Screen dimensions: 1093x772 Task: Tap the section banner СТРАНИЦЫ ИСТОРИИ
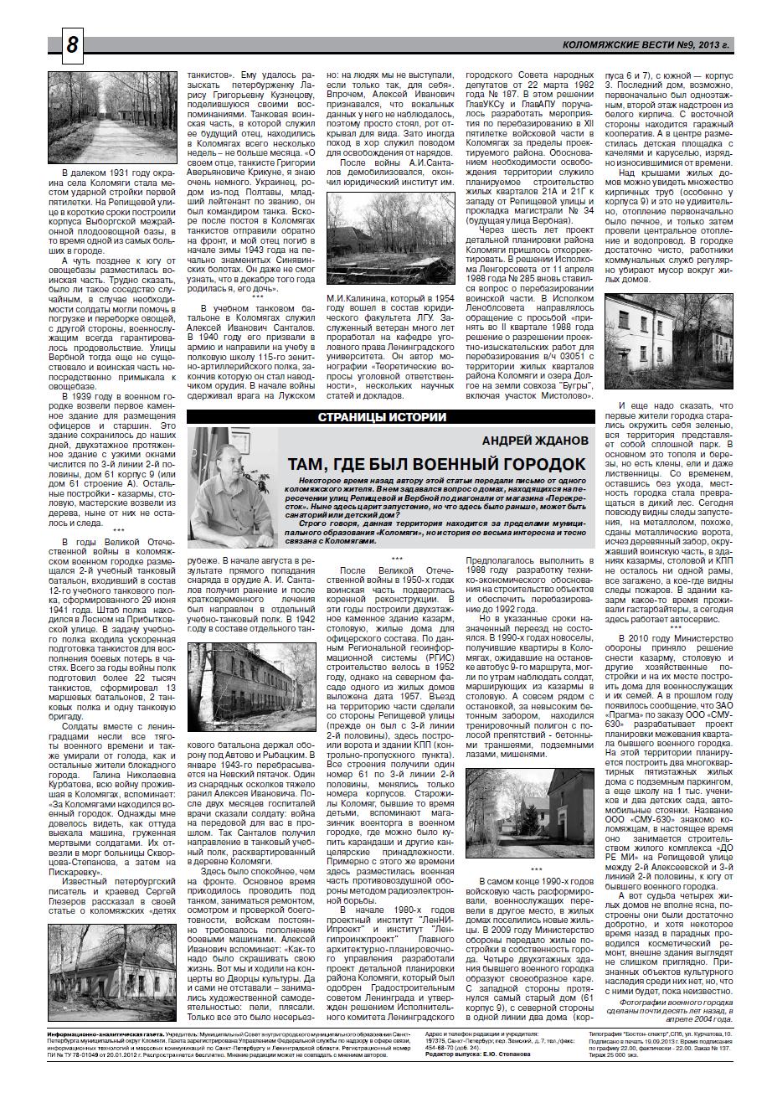(x=383, y=417)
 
